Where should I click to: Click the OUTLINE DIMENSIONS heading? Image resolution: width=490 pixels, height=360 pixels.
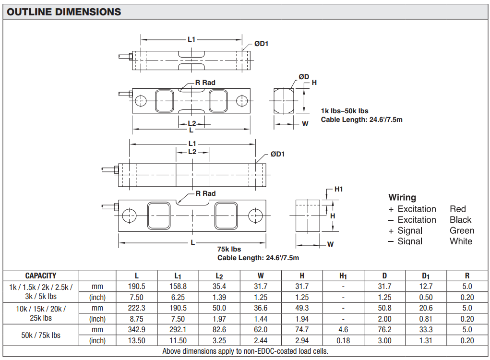[64, 12]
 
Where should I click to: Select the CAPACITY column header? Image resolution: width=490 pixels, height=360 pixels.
[41, 276]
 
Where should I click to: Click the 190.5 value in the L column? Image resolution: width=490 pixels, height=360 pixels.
[137, 287]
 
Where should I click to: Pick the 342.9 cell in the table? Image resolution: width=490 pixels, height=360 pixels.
[137, 330]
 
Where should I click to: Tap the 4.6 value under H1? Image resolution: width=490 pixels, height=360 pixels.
[343, 330]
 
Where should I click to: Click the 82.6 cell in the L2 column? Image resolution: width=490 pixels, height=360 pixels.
[219, 330]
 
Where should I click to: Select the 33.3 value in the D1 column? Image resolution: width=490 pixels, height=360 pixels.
[426, 330]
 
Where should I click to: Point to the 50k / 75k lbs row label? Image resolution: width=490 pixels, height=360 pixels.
[41, 335]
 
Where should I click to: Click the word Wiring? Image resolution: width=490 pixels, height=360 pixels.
[402, 197]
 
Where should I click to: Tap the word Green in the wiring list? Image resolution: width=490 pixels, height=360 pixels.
[462, 230]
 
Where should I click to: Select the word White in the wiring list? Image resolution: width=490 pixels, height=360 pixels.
[461, 241]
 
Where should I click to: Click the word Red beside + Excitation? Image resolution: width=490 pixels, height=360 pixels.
[458, 209]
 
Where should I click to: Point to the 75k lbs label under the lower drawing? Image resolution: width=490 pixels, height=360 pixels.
[229, 249]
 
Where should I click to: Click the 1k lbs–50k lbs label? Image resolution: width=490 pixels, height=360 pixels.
[345, 111]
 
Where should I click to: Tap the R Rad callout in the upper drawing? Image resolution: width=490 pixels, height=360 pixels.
[205, 83]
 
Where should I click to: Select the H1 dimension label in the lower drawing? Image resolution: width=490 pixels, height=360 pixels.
[338, 189]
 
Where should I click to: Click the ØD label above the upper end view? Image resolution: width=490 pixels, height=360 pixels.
[304, 77]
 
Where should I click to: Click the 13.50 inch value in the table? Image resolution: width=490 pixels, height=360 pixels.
[137, 340]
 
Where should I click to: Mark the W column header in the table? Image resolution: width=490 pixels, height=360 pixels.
[261, 276]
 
